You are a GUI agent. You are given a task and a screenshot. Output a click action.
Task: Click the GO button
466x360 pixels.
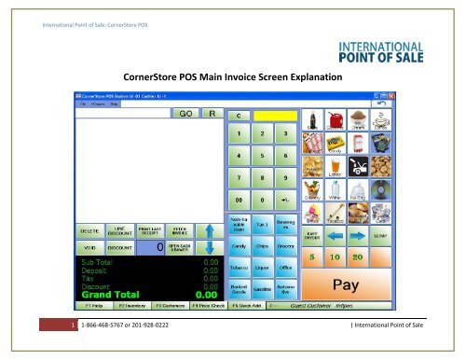[x=185, y=114]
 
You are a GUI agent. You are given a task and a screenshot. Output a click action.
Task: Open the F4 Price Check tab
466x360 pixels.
[x=210, y=304]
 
